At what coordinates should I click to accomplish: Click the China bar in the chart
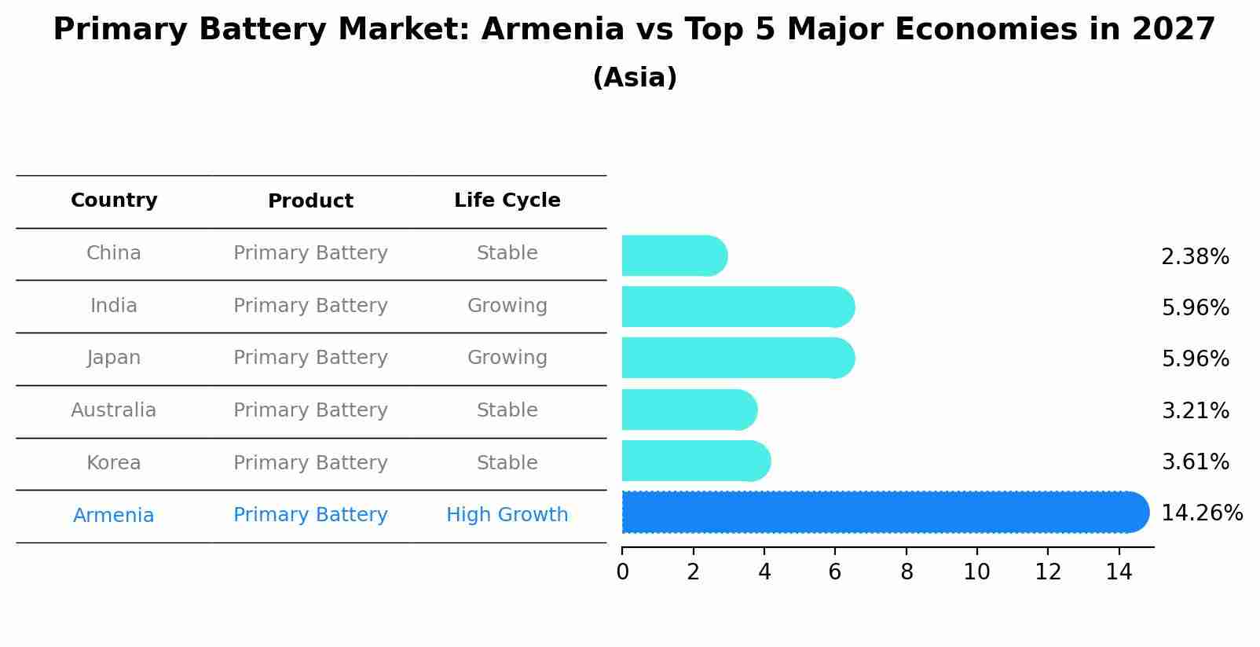[x=674, y=255]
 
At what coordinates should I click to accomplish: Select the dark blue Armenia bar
[x=885, y=513]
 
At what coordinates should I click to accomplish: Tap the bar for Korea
[x=695, y=461]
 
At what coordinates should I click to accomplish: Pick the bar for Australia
[x=689, y=410]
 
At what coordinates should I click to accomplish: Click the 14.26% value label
[x=1201, y=513]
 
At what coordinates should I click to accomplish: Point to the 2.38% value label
[x=1195, y=257]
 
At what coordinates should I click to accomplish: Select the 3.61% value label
[x=1195, y=462]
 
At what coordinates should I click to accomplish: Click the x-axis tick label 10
[x=976, y=572]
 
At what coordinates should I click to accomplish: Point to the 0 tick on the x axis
[x=622, y=572]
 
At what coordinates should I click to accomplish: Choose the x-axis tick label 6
[x=835, y=572]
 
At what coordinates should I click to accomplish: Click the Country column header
[x=114, y=200]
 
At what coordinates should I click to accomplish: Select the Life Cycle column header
[x=507, y=200]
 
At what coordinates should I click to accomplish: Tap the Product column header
[x=310, y=201]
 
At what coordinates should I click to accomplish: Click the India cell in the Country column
[x=114, y=306]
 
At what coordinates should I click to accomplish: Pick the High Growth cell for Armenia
[x=507, y=515]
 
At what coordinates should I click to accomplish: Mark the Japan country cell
[x=114, y=358]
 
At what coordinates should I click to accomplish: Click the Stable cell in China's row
[x=507, y=253]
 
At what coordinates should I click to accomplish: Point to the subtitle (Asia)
[x=635, y=78]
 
